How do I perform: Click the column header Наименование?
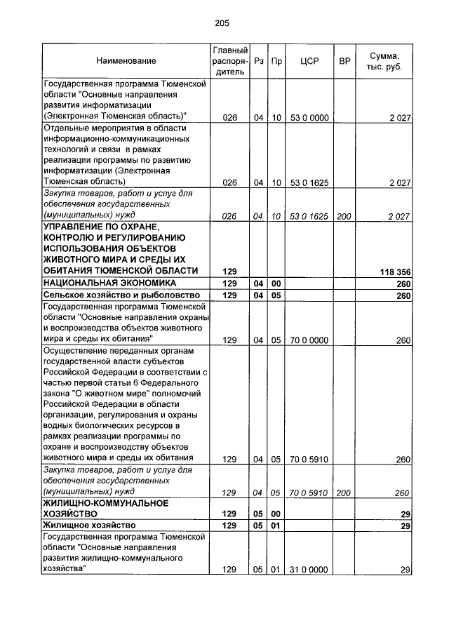coord(126,62)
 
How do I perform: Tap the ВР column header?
coord(344,62)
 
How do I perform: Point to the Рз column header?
coord(259,62)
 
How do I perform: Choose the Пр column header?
coord(276,62)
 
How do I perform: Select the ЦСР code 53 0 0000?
coord(309,118)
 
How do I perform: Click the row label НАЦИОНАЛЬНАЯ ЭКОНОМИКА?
coord(108,283)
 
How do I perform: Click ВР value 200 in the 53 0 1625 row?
coord(344,217)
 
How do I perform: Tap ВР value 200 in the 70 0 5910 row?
coord(344,493)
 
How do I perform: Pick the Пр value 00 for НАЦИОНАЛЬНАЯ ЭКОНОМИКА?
coord(276,283)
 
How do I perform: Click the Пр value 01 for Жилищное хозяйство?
coord(276,525)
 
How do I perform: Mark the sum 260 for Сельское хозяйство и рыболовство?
coord(403,295)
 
